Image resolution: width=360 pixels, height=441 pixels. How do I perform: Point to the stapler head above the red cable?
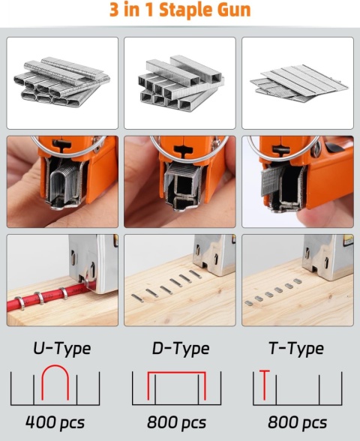[90, 262]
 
